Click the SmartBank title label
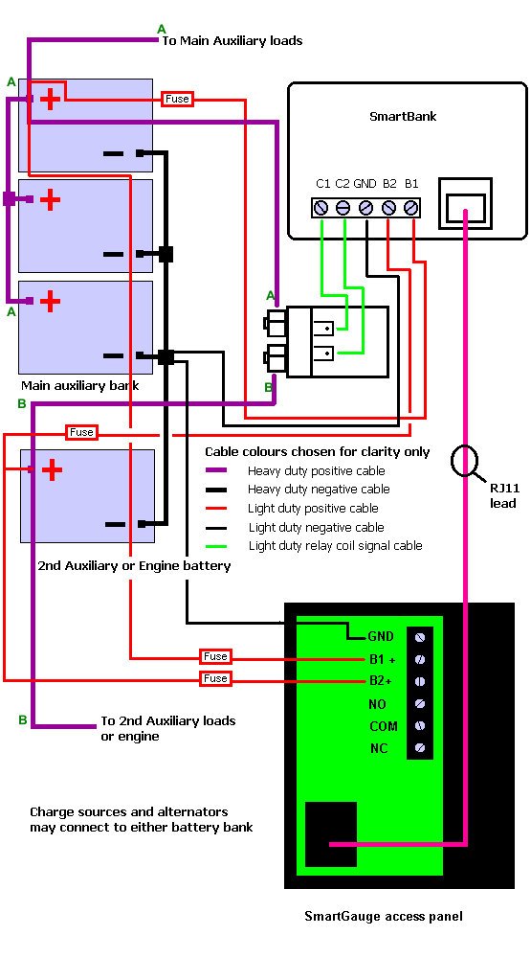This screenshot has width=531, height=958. pyautogui.click(x=403, y=116)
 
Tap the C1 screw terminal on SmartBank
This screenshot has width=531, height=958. pyautogui.click(x=321, y=208)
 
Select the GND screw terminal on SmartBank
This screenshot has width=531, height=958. pyautogui.click(x=366, y=208)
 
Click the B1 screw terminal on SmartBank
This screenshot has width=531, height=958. pyautogui.click(x=411, y=208)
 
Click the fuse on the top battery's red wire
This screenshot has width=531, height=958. pyautogui.click(x=177, y=99)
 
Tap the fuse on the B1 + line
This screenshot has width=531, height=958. pyautogui.click(x=215, y=657)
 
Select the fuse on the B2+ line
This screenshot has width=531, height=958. pyautogui.click(x=215, y=679)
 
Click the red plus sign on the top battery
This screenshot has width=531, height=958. pyautogui.click(x=51, y=99)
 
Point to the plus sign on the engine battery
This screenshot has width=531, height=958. pyautogui.click(x=52, y=469)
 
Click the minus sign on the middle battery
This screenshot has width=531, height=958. pyautogui.click(x=114, y=254)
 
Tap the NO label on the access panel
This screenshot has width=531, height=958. pyautogui.click(x=377, y=704)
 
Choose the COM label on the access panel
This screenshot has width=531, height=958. pyautogui.click(x=384, y=726)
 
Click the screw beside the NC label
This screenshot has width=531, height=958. pyautogui.click(x=420, y=747)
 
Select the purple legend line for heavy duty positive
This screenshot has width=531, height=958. pyautogui.click(x=216, y=470)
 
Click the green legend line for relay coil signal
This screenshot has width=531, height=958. pyautogui.click(x=216, y=546)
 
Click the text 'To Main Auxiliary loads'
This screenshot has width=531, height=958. pyautogui.click(x=232, y=41)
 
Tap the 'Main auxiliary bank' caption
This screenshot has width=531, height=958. pyautogui.click(x=80, y=385)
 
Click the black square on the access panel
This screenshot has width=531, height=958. pyautogui.click(x=331, y=834)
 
